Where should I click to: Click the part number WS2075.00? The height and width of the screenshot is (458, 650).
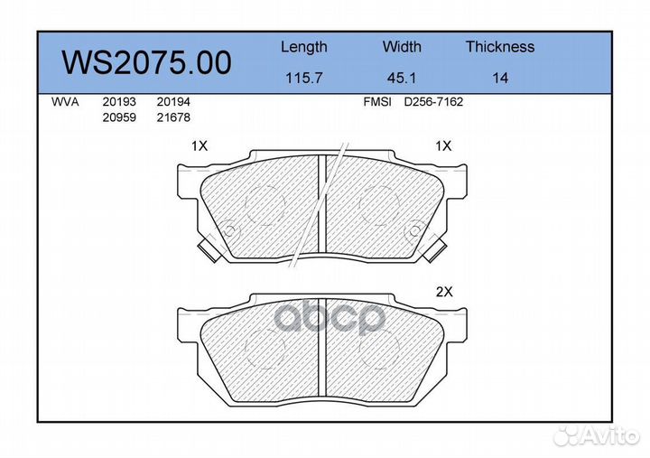(x=146, y=62)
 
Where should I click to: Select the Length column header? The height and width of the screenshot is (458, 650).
(x=304, y=47)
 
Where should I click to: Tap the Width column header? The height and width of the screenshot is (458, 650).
(x=402, y=46)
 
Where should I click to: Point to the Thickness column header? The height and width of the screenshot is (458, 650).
(x=500, y=46)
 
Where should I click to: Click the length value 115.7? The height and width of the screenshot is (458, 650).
(x=304, y=78)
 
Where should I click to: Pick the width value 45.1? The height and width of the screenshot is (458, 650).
(x=401, y=78)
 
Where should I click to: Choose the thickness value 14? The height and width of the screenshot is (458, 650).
(x=500, y=78)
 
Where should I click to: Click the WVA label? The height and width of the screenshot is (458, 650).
(x=65, y=102)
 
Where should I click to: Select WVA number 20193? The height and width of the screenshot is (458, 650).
(x=119, y=102)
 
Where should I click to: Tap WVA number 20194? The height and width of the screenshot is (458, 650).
(x=173, y=102)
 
